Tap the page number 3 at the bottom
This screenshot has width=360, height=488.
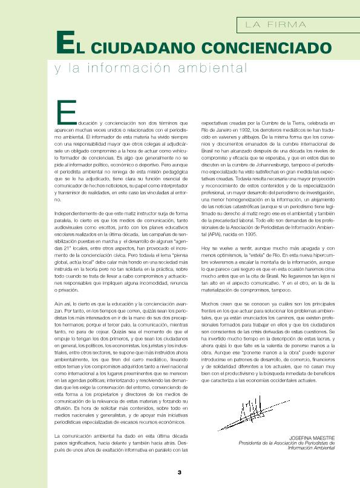(x=179, y=472)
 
